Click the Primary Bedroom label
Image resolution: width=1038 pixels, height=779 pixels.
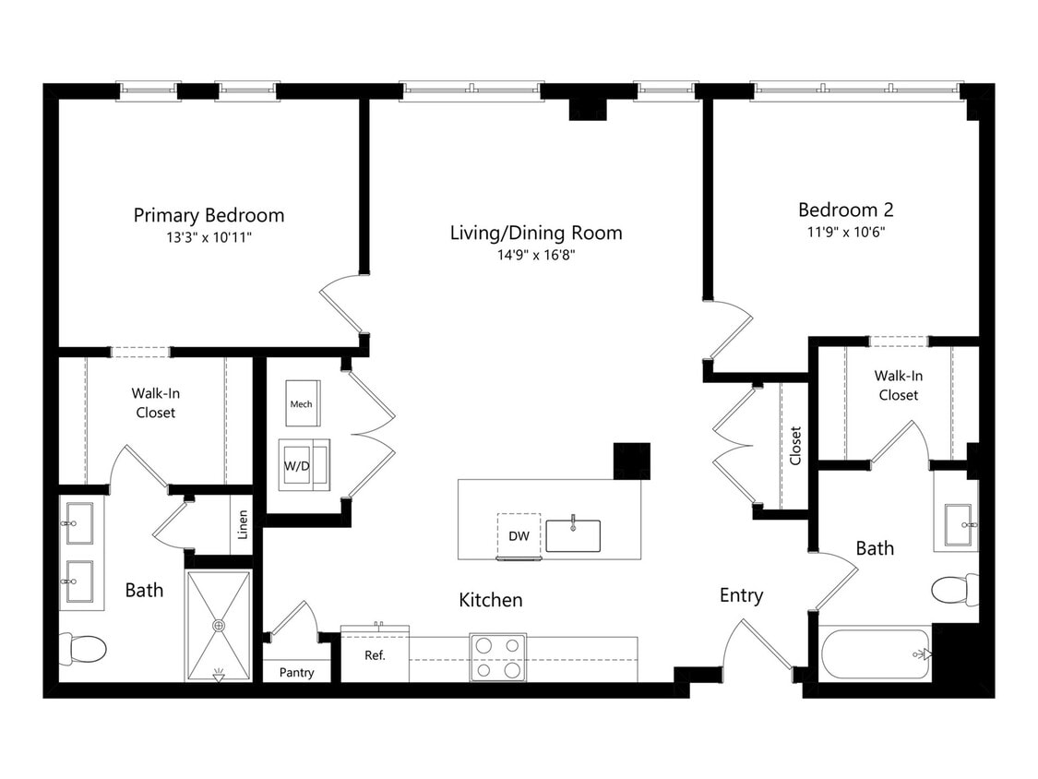[209, 215]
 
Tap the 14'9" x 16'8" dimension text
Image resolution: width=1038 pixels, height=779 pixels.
[536, 255]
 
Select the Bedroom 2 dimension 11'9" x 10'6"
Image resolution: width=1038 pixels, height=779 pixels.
[845, 232]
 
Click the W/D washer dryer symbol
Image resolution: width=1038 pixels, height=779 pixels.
[297, 465]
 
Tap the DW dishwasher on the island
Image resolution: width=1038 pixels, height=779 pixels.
[518, 536]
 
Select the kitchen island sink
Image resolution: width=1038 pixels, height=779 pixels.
[573, 535]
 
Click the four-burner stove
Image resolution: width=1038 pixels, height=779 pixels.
[497, 657]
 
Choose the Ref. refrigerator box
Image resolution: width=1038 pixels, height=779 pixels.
[375, 655]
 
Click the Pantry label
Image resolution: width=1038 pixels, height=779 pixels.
[296, 673]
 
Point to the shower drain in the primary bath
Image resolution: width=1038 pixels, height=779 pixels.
[219, 626]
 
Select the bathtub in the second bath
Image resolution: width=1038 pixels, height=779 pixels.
[875, 653]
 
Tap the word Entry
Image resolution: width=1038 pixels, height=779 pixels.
[741, 595]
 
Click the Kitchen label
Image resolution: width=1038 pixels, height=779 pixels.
[491, 600]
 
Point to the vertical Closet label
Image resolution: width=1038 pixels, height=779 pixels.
[795, 445]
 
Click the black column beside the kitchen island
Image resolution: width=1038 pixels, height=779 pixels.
[632, 461]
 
